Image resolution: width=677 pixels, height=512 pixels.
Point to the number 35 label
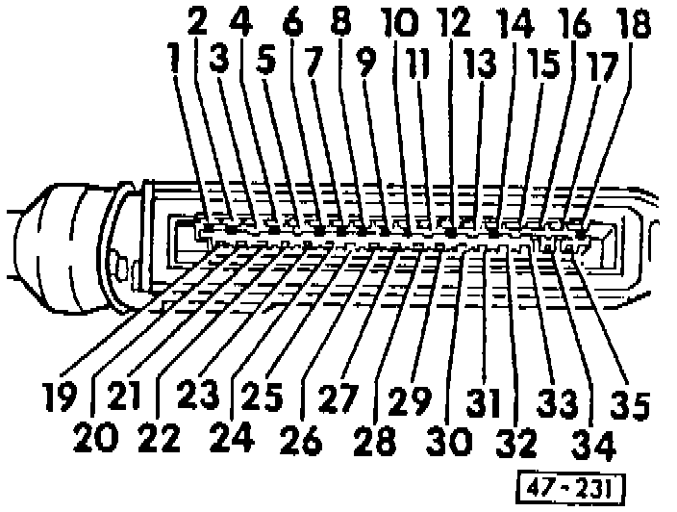[632, 399]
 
